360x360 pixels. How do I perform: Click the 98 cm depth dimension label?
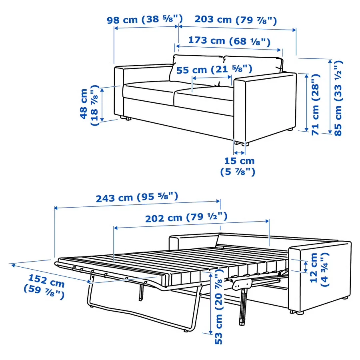(144, 20)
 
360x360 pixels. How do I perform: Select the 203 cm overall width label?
(235, 20)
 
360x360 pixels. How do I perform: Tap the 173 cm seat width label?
(229, 41)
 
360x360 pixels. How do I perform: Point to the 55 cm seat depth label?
(214, 70)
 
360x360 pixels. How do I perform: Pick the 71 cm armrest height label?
(316, 104)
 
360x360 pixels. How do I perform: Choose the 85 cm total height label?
(338, 98)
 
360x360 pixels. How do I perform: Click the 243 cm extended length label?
(137, 197)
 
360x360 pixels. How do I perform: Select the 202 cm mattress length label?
(186, 218)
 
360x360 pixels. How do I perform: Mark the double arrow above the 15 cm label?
(240, 153)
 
